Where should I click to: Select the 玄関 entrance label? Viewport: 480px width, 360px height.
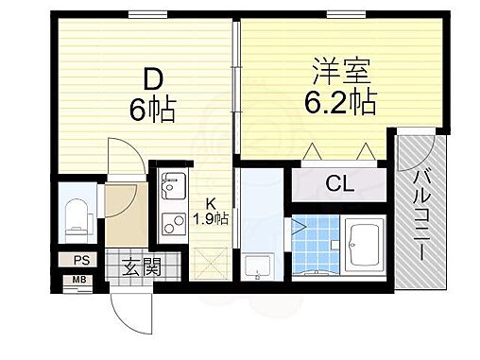coord(140,267)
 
